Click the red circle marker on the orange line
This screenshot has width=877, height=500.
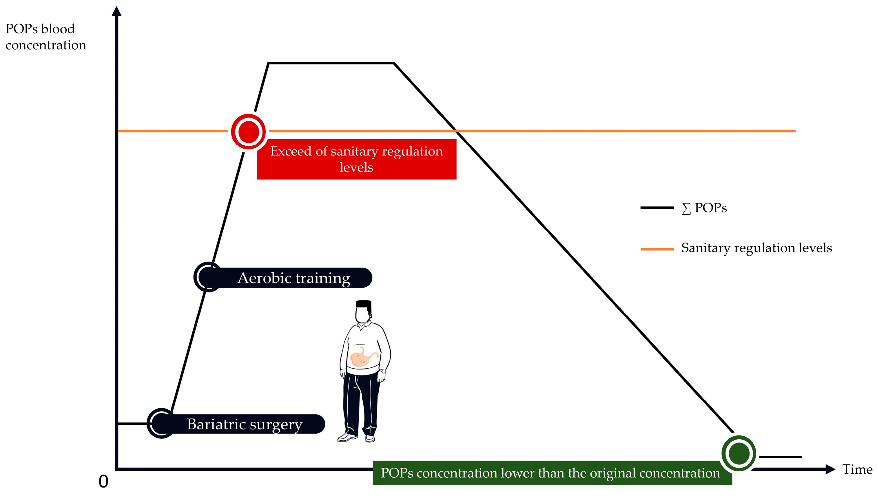tap(248, 132)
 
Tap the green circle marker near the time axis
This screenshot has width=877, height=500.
tap(738, 453)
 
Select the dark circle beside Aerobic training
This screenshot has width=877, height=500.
tap(208, 277)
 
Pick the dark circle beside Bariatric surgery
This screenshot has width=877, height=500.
tap(161, 423)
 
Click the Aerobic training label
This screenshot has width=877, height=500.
tap(293, 278)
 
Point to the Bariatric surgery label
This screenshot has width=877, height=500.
tap(245, 424)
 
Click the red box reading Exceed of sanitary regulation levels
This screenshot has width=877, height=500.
tap(356, 159)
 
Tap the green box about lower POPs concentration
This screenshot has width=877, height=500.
tap(550, 473)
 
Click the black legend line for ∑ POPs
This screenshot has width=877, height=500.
tap(657, 208)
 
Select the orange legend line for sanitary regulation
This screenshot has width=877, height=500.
tap(657, 249)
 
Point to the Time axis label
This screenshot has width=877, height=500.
tap(857, 469)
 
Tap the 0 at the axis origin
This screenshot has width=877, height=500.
tap(103, 481)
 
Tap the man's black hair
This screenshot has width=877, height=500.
tap(364, 304)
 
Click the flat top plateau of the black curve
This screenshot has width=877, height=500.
tap(331, 63)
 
